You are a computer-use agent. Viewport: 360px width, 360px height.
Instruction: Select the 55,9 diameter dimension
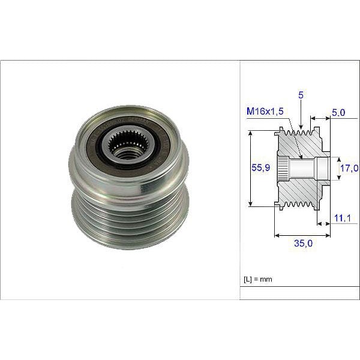pos(260,169)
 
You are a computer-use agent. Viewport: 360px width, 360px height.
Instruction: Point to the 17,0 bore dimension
pos(349,169)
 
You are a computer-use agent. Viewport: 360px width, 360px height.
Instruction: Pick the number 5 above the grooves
pos(299,94)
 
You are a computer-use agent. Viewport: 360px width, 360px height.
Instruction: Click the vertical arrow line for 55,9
pos(250,169)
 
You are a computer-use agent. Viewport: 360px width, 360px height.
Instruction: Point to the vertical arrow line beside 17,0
pos(336,169)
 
